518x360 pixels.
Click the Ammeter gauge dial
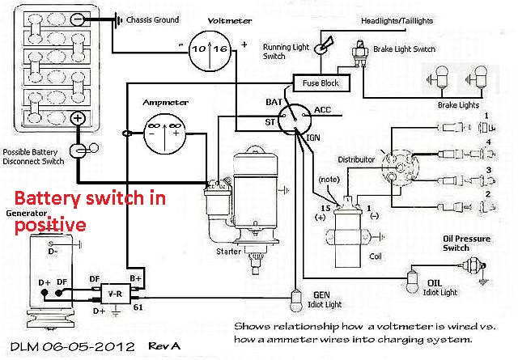[x=166, y=128]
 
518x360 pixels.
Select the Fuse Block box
[x=321, y=83]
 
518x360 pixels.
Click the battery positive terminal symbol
[x=78, y=118]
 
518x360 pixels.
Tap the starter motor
[x=251, y=194]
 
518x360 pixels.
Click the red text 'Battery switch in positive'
[x=65, y=210]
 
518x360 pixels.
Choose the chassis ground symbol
[x=118, y=19]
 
